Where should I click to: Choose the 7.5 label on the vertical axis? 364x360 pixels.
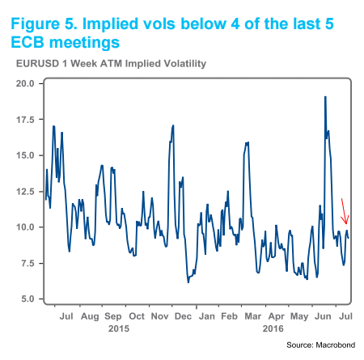pos(24,263)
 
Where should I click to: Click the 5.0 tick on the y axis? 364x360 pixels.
pos(24,299)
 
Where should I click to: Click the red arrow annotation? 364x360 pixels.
pos(344,211)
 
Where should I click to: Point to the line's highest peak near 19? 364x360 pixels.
pos(325,96)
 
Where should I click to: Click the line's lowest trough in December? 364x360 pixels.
pos(188,282)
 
